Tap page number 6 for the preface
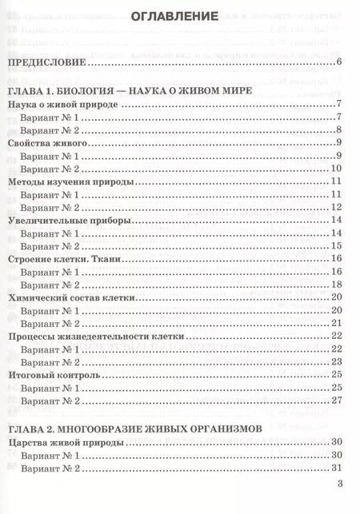pos(340,63)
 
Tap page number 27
pos(337,400)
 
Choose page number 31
pos(337,468)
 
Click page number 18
pos(337,285)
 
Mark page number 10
pos(337,169)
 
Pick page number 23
pos(337,362)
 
